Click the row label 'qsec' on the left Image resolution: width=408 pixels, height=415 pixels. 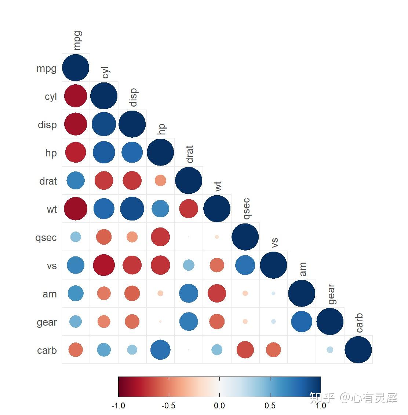click(x=46, y=238)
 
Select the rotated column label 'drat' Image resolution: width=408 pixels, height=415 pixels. click(x=189, y=154)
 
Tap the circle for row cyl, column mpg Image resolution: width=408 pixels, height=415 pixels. click(x=76, y=96)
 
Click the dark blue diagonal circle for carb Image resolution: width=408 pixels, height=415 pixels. click(x=358, y=350)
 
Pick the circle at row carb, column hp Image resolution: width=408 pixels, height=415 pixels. click(x=160, y=350)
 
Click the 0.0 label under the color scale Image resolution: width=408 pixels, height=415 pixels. click(x=219, y=405)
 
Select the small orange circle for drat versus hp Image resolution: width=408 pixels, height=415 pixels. click(x=160, y=180)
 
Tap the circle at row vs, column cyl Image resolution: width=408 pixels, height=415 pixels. click(x=104, y=265)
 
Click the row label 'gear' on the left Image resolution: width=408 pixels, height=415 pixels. click(x=47, y=322)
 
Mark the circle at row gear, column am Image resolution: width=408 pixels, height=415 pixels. click(x=302, y=322)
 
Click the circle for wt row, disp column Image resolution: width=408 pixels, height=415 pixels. click(x=132, y=209)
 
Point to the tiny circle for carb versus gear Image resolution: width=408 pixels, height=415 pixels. click(x=330, y=350)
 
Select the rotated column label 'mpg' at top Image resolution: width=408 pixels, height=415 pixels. click(x=77, y=40)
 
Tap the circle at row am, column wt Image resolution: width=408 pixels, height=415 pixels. click(x=217, y=293)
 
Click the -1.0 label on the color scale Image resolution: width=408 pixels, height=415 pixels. click(x=118, y=405)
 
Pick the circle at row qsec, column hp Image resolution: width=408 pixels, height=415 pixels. click(x=160, y=237)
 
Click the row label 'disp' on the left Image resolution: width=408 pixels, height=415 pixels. click(x=47, y=125)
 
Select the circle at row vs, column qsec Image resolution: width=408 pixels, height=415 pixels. click(x=245, y=265)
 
